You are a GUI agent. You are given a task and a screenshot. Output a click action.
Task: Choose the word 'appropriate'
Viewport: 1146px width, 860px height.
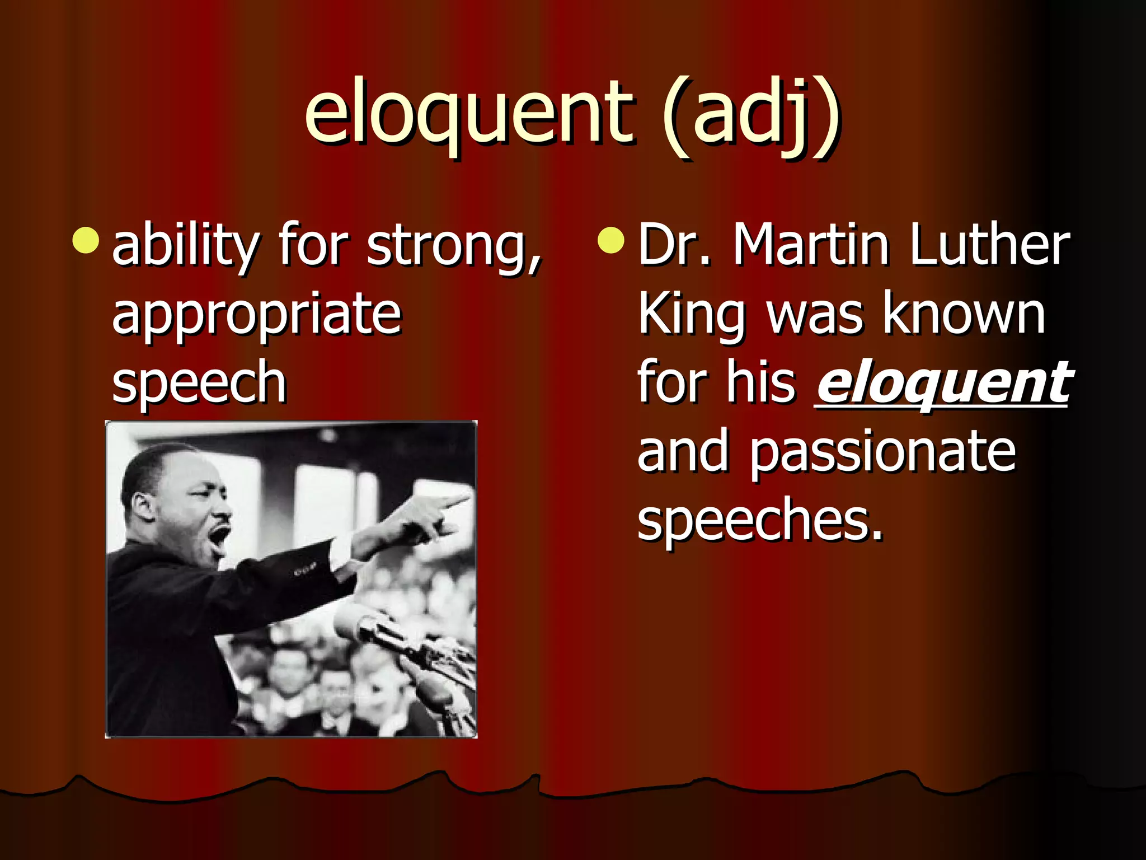(x=257, y=315)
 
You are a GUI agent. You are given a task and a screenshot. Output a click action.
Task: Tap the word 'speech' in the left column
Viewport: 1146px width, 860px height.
(x=199, y=383)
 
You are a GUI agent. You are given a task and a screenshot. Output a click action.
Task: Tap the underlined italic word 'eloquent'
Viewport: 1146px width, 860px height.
(x=943, y=383)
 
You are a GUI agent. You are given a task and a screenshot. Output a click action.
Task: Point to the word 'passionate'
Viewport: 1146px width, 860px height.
(x=882, y=452)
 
